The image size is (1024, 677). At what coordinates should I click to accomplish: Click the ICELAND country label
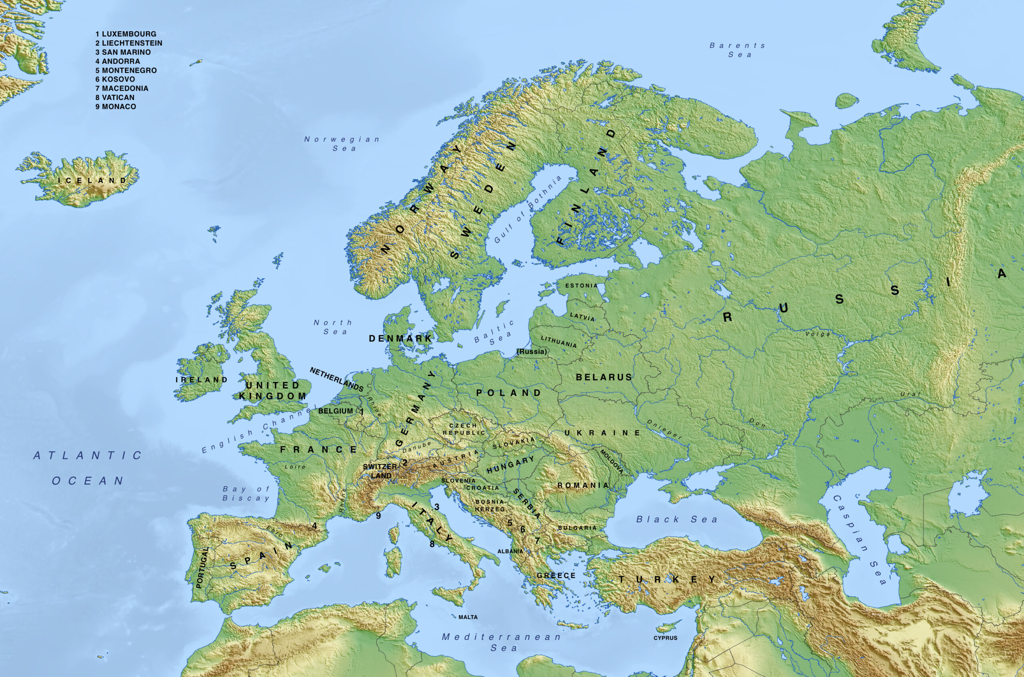pyautogui.click(x=92, y=181)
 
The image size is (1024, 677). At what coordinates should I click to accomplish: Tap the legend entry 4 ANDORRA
pyautogui.click(x=118, y=61)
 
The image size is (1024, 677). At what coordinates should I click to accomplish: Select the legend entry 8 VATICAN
pyautogui.click(x=115, y=98)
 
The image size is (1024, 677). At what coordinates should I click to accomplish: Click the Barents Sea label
pyautogui.click(x=737, y=50)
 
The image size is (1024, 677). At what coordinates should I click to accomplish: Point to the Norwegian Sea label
pyautogui.click(x=342, y=144)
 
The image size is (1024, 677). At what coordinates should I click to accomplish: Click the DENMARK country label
pyautogui.click(x=400, y=338)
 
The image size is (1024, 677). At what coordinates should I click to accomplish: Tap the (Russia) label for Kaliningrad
pyautogui.click(x=532, y=352)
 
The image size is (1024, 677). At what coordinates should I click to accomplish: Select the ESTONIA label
pyautogui.click(x=582, y=286)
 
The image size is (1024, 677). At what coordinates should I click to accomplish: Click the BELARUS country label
pyautogui.click(x=604, y=377)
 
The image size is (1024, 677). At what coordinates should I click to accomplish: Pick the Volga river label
pyautogui.click(x=818, y=334)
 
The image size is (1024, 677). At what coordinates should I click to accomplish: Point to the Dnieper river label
pyautogui.click(x=664, y=430)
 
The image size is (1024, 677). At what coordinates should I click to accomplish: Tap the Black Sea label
pyautogui.click(x=677, y=520)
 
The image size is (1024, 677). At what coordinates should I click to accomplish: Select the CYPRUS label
pyautogui.click(x=665, y=638)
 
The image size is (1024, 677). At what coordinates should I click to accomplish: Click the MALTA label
pyautogui.click(x=468, y=617)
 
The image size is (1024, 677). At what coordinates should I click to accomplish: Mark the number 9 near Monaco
pyautogui.click(x=378, y=516)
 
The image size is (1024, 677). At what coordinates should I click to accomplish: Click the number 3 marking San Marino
pyautogui.click(x=437, y=507)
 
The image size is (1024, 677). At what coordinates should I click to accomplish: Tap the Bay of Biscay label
pyautogui.click(x=246, y=494)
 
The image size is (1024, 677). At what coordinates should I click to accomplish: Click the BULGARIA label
pyautogui.click(x=577, y=528)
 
